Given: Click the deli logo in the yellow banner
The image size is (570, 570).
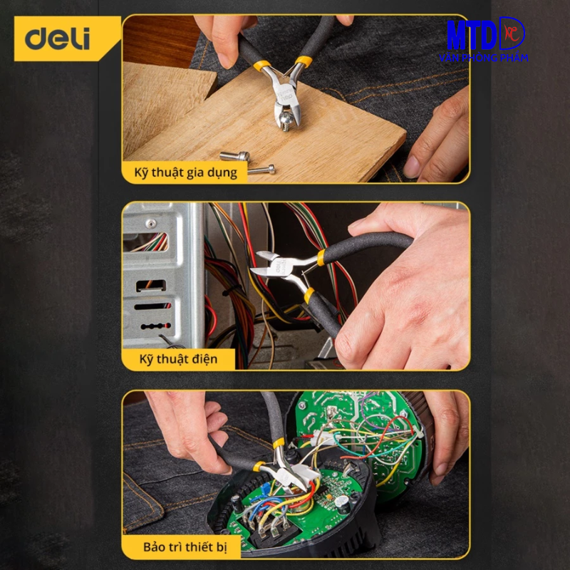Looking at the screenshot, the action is click(x=58, y=38).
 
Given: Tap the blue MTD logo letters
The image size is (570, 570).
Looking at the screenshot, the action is click(x=472, y=35).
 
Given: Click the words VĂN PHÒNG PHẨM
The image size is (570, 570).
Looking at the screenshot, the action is click(x=484, y=58).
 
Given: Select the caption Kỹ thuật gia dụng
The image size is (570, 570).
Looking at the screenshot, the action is click(x=185, y=172).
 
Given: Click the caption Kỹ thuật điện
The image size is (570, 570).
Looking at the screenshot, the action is click(x=178, y=359).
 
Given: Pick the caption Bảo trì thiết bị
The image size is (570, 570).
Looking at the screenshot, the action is click(x=185, y=547).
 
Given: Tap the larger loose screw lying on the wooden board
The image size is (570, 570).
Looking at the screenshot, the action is click(x=235, y=156).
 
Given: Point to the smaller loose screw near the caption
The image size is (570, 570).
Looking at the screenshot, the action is click(x=261, y=170).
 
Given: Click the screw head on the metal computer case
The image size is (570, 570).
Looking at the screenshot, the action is click(x=151, y=223).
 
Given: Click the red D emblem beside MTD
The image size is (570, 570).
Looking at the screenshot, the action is click(x=512, y=33).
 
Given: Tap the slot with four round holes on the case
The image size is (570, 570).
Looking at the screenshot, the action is click(x=155, y=326).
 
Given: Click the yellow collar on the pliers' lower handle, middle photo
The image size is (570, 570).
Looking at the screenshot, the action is click(x=309, y=295).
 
